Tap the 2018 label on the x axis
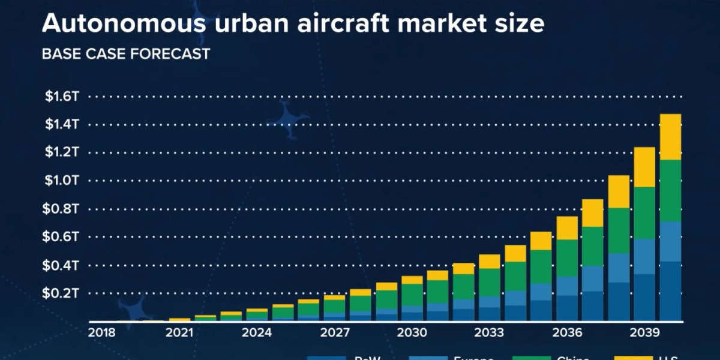101,332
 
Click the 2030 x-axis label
412,332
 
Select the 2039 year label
644,332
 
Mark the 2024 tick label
257,332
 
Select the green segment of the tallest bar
670,191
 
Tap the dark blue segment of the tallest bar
670,292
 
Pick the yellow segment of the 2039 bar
644,167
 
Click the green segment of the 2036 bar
567,258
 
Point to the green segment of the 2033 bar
490,282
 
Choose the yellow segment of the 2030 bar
412,280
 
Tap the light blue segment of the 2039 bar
644,257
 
